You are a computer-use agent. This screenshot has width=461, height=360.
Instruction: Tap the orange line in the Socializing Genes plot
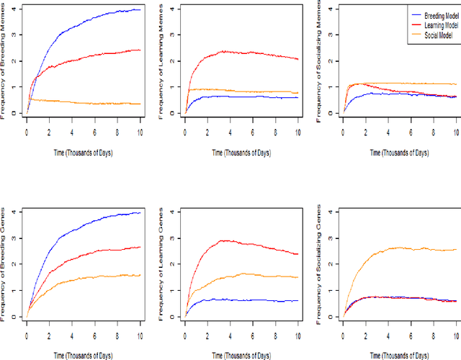click(x=403, y=249)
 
